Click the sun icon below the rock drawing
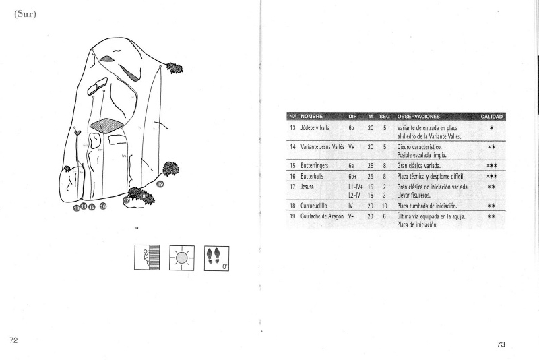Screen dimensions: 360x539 tap(182, 258)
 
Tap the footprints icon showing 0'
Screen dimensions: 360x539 tap(216, 258)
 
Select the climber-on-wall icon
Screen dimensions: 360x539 tap(148, 258)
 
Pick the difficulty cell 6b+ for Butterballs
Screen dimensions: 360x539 tap(353, 176)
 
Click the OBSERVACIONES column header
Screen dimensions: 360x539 tap(418, 117)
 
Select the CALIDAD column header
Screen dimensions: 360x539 tap(491, 117)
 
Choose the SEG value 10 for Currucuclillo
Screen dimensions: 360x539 tap(384, 205)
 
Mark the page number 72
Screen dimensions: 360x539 tap(13, 340)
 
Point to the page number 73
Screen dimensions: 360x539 tap(501, 344)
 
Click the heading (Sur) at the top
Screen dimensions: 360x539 tap(24, 15)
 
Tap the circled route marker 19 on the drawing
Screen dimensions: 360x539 tap(160, 184)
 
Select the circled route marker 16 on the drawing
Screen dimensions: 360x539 tap(102, 206)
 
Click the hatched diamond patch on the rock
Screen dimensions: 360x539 tap(102, 126)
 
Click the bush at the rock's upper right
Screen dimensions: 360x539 tap(175, 67)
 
